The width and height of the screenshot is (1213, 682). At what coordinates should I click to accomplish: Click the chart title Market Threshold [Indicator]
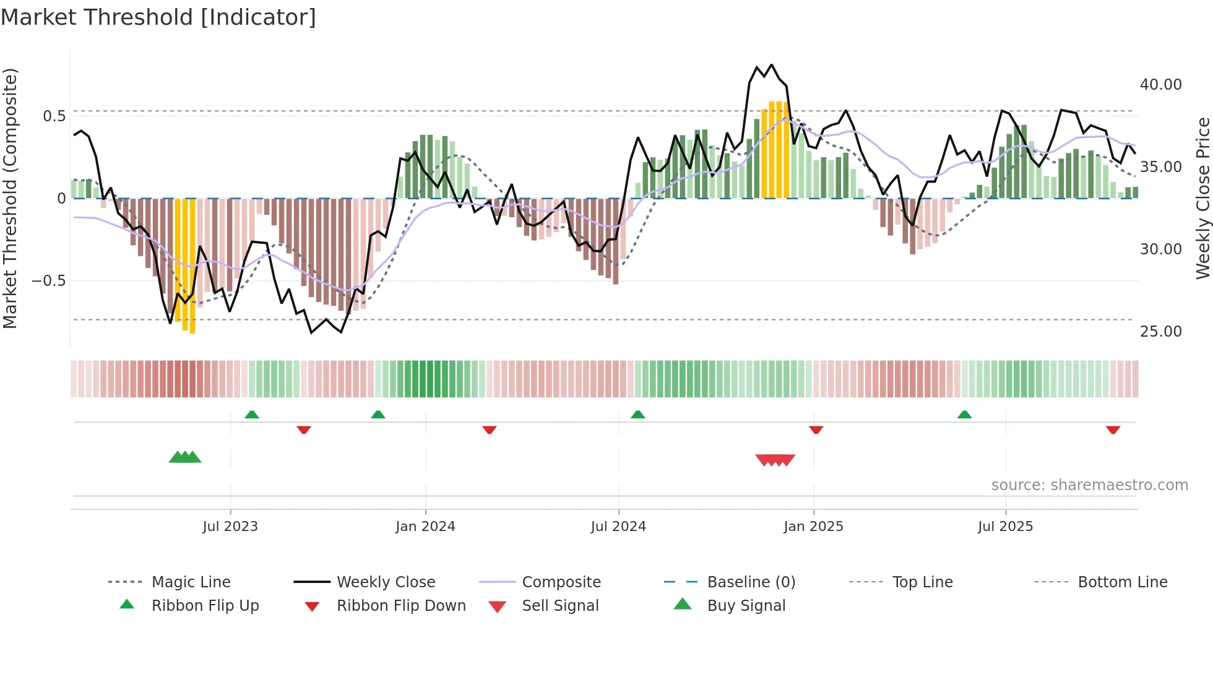pos(158,17)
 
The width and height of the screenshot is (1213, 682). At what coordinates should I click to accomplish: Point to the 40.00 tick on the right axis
pos(1160,85)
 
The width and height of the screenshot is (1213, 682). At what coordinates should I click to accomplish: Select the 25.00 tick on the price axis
pos(1160,332)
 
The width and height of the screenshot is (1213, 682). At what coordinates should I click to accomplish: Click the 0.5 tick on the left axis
pos(54,116)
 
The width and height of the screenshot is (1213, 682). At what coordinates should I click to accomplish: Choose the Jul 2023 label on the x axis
pos(230,527)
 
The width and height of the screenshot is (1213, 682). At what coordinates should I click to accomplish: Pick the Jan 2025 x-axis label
pos(813,527)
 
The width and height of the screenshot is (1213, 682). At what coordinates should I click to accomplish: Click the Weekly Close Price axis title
pos(1202,198)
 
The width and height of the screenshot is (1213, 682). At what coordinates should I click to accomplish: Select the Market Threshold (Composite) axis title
pos(10,198)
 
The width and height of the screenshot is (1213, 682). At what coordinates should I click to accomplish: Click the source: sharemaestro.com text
pos(1089,485)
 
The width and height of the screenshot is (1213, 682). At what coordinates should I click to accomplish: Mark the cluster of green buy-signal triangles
pos(185,458)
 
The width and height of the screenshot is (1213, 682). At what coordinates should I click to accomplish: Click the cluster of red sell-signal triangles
pos(775,460)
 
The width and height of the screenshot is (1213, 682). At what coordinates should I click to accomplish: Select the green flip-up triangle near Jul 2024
pos(638,415)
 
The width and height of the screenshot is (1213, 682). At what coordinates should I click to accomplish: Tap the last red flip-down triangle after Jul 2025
pos(1113,429)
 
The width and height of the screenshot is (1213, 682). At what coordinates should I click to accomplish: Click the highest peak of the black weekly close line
pos(771,65)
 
